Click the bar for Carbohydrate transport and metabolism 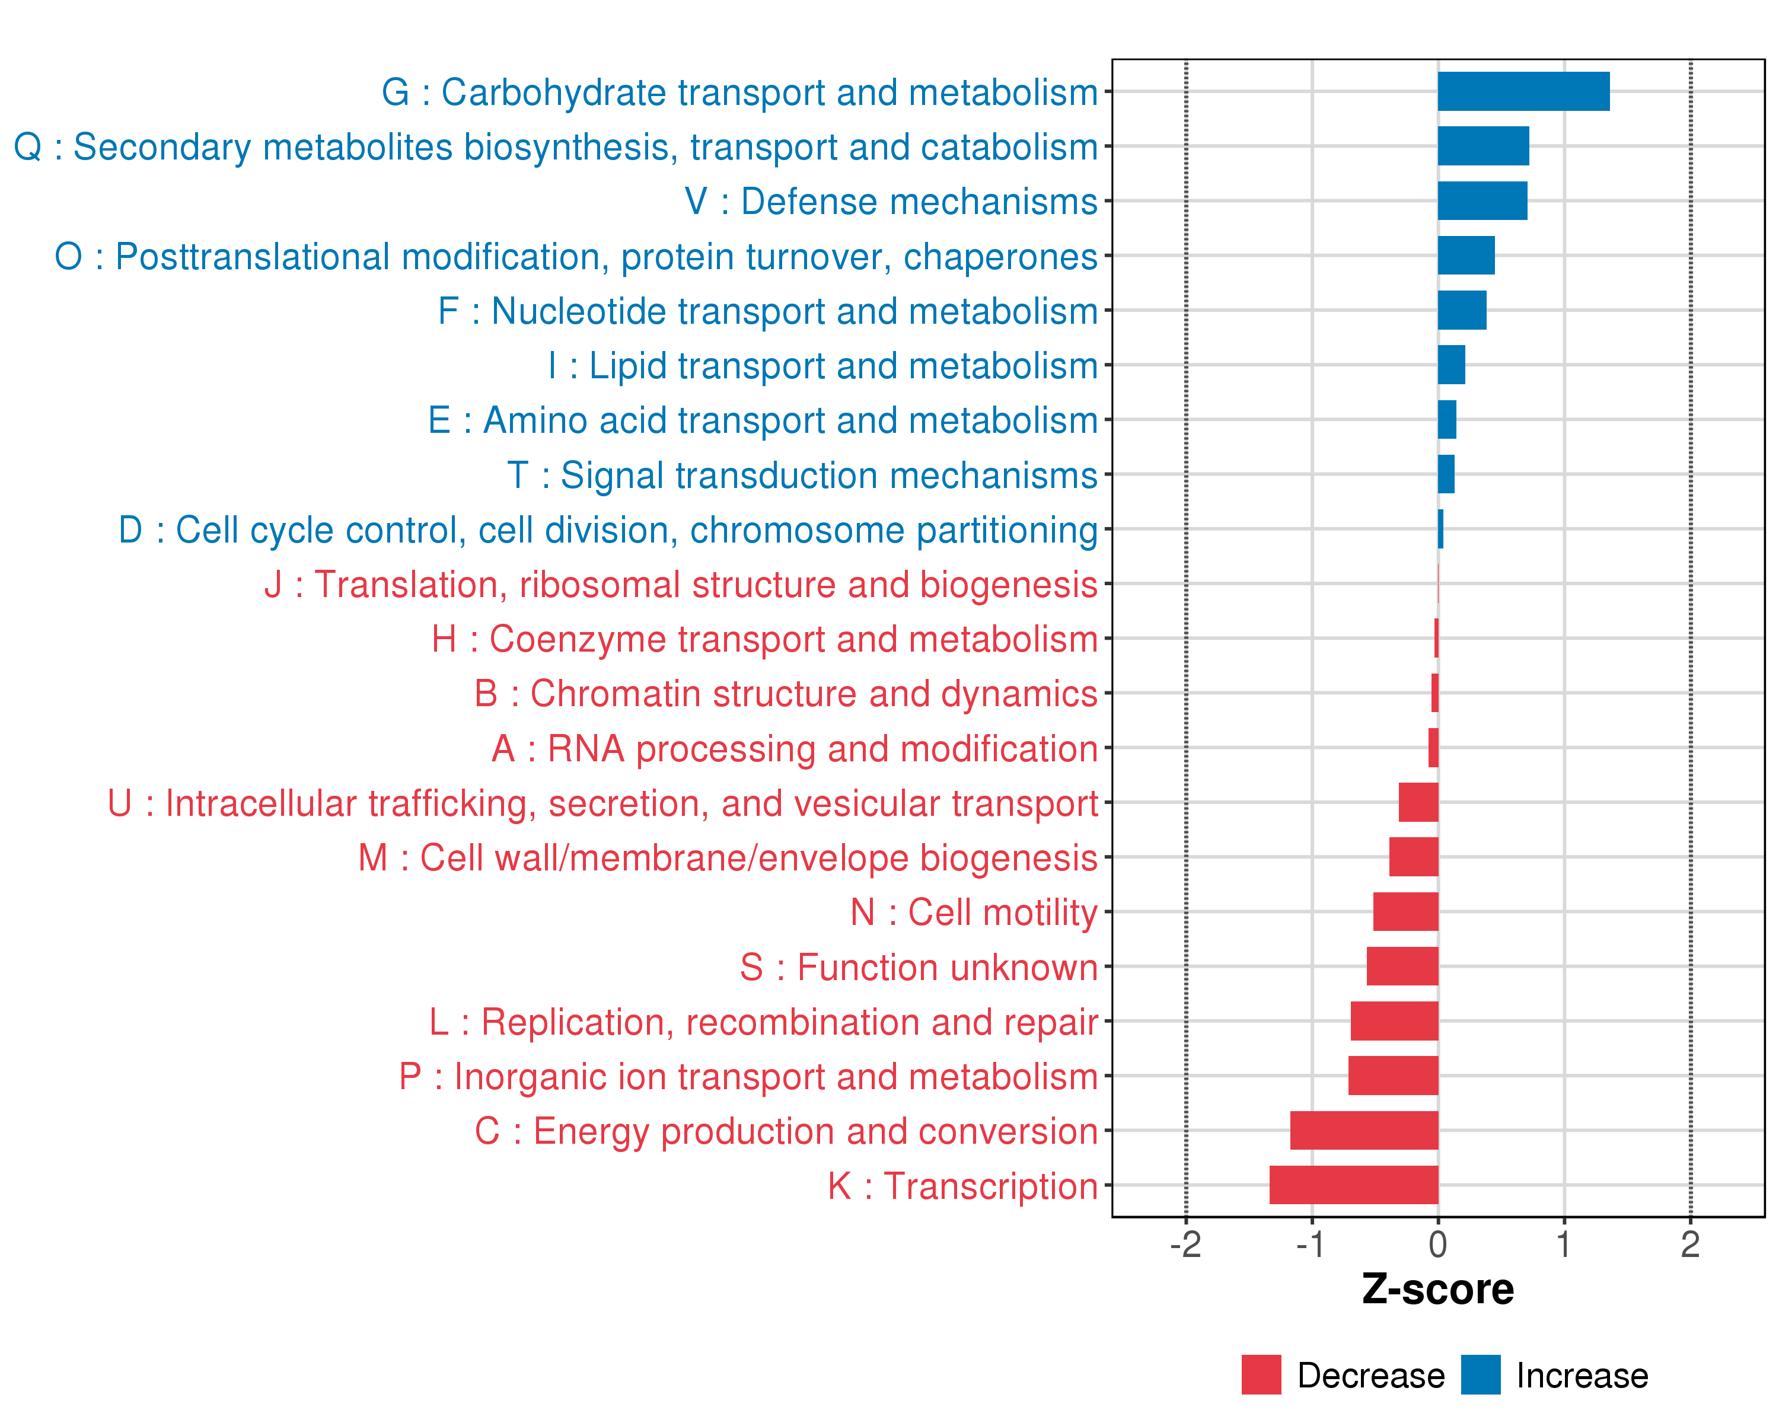1523,91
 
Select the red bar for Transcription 1353,1185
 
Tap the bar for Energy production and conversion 1364,1130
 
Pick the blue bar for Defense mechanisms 1482,200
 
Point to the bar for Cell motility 1405,911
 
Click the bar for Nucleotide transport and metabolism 1462,310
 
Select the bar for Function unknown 1402,966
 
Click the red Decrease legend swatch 1261,1374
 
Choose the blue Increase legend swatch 1480,1374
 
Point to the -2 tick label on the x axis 1186,1244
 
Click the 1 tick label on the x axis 1564,1244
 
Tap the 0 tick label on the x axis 1437,1244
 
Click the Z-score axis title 1437,1290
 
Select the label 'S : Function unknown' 919,967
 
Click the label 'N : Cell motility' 974,912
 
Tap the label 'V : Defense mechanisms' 891,201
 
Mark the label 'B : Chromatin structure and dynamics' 786,694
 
